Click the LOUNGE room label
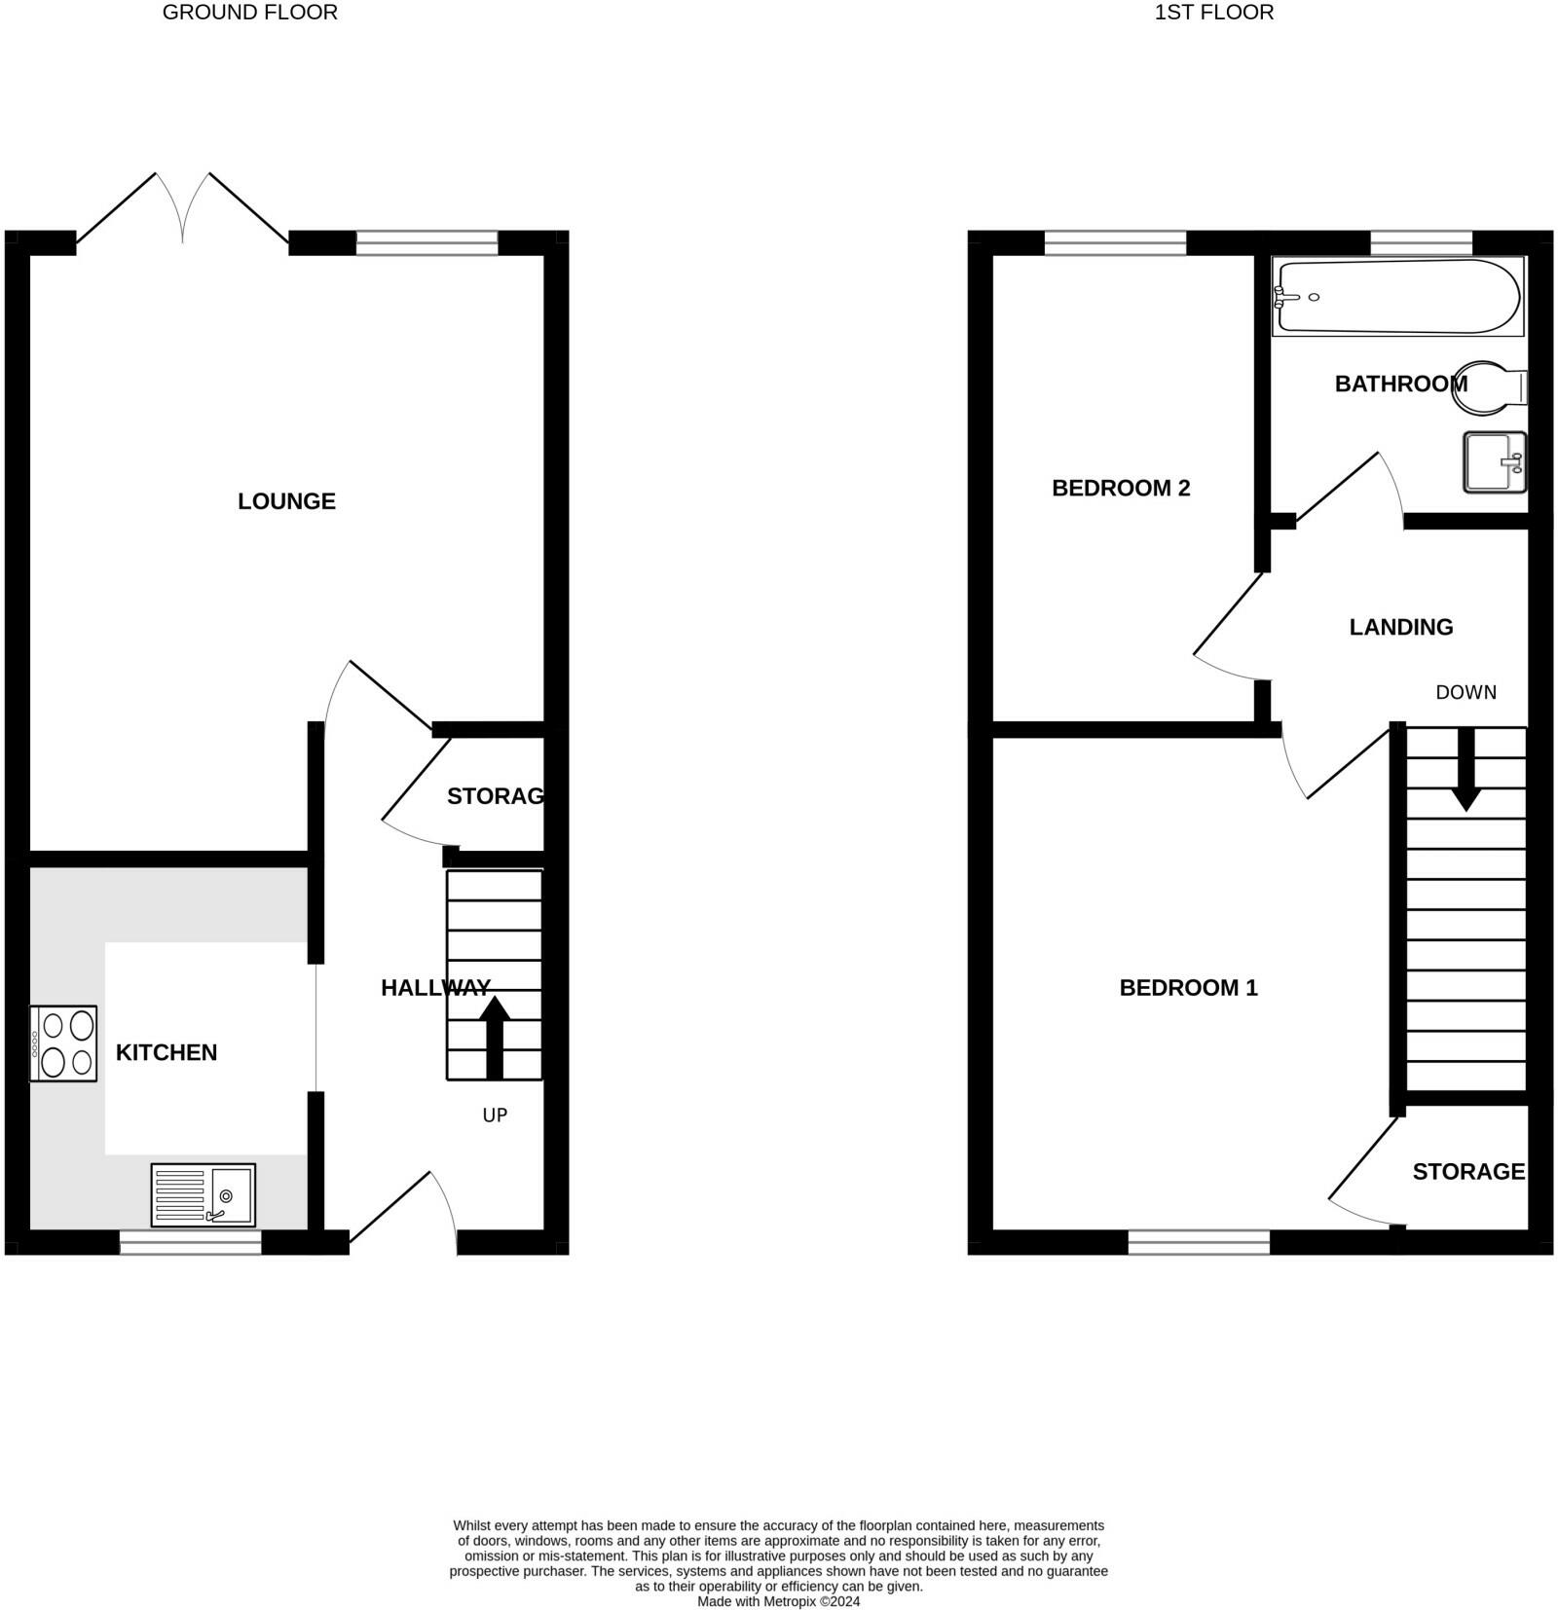click(x=286, y=501)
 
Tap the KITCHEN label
click(x=167, y=1052)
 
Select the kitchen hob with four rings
click(x=64, y=1043)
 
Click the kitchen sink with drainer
click(x=204, y=1194)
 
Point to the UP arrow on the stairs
click(x=495, y=1037)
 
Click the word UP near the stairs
click(x=495, y=1116)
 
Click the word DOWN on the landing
click(x=1465, y=692)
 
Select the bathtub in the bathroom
click(x=1397, y=297)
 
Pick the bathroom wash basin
click(x=1494, y=462)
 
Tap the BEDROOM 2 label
click(x=1121, y=488)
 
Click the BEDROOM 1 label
click(x=1188, y=988)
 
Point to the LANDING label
click(x=1400, y=627)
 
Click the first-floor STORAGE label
click(x=1468, y=1171)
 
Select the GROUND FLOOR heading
click(x=250, y=13)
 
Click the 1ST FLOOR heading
click(x=1213, y=13)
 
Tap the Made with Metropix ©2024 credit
click(x=778, y=1601)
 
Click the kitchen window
click(x=191, y=1242)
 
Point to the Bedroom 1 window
click(x=1199, y=1242)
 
